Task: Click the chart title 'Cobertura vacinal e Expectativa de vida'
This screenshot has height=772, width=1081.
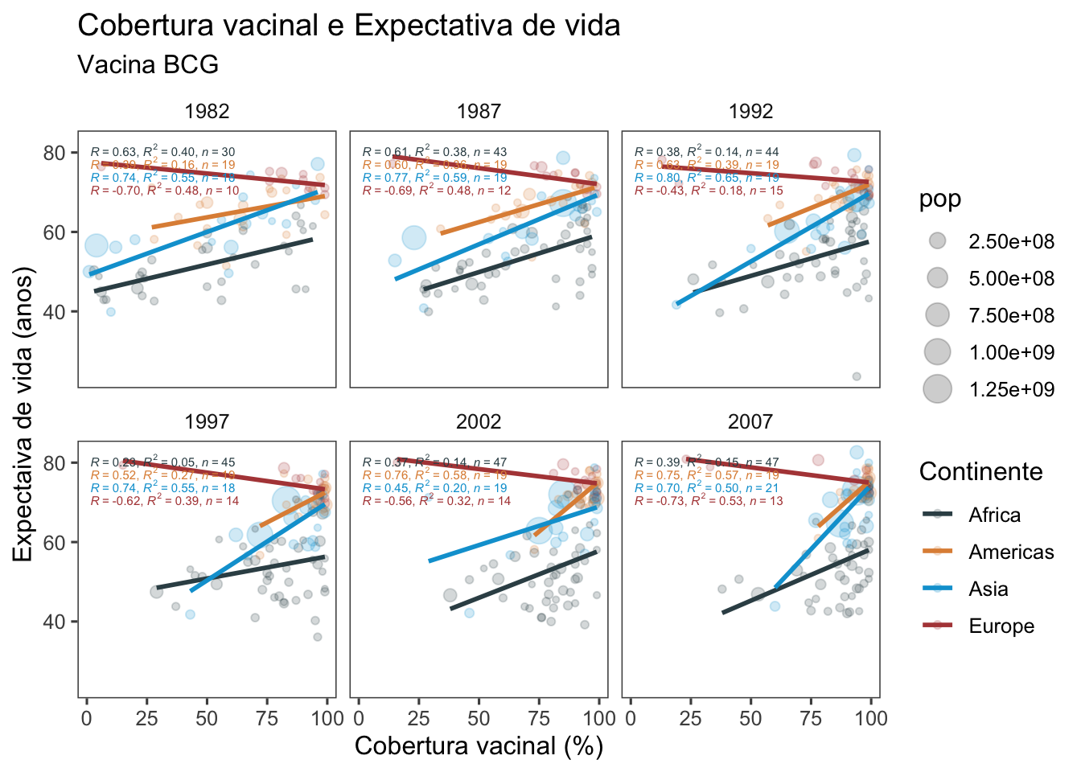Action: click(348, 26)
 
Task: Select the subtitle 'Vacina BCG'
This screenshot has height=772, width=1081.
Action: click(148, 64)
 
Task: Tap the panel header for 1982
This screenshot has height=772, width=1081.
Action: click(207, 112)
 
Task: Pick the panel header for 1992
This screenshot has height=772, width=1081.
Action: click(750, 112)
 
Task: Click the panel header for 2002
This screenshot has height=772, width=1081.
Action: click(479, 421)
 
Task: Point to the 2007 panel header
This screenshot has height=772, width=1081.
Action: click(750, 421)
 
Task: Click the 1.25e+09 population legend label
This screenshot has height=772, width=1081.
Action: click(1011, 389)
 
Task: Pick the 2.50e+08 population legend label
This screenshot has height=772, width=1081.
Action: click(1011, 241)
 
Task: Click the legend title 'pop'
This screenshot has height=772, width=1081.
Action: click(940, 199)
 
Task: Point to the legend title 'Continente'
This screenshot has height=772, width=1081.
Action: click(980, 471)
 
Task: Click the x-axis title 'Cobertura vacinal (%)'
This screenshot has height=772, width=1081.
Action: click(479, 745)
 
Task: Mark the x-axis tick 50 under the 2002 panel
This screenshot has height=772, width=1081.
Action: click(479, 717)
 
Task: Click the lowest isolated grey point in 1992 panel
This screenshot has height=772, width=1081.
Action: click(857, 376)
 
